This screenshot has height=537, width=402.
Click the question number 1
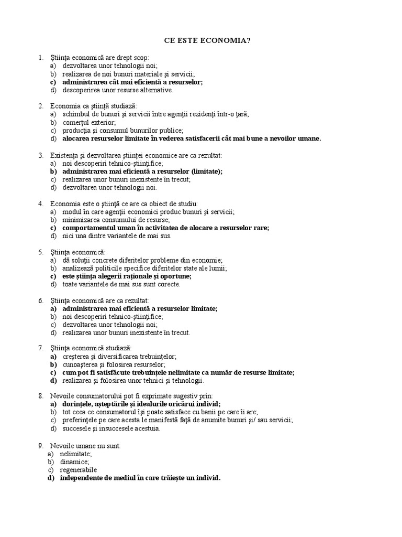40,57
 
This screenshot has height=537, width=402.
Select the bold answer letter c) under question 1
53,82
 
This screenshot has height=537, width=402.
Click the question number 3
40,155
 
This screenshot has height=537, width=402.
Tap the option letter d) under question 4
53,235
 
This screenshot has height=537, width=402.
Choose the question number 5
40,252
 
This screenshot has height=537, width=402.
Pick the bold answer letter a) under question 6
53,309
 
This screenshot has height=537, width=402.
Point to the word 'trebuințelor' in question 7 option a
158,357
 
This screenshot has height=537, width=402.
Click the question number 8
40,396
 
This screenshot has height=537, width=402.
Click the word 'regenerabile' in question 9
79,470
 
